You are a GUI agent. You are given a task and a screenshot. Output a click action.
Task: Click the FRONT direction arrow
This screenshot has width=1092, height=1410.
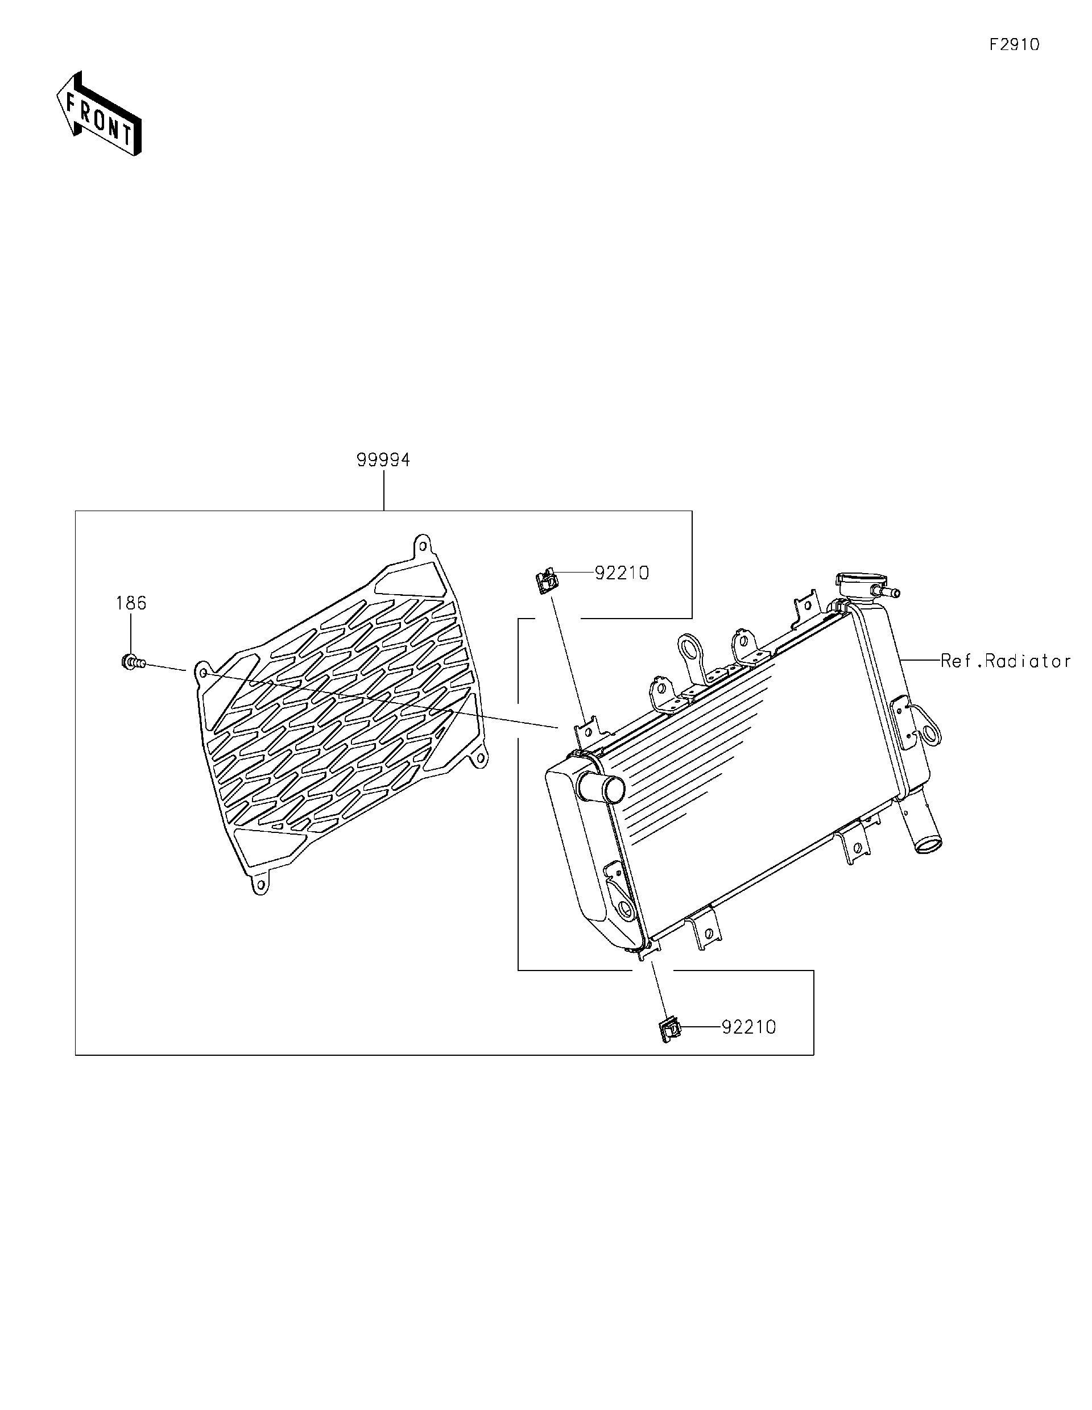(99, 114)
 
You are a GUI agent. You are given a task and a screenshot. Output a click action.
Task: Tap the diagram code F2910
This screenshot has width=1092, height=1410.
(1015, 44)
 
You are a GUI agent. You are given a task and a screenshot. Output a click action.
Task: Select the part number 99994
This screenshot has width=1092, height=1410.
(383, 459)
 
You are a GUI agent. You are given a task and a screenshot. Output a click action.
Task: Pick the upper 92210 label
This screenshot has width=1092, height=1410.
(622, 573)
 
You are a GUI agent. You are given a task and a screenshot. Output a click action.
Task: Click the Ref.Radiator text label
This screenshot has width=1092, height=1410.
(1006, 661)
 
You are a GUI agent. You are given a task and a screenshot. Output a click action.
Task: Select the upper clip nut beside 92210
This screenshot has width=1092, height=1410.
(547, 581)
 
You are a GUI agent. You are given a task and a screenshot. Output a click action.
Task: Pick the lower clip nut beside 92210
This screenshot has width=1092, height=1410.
(671, 1030)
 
